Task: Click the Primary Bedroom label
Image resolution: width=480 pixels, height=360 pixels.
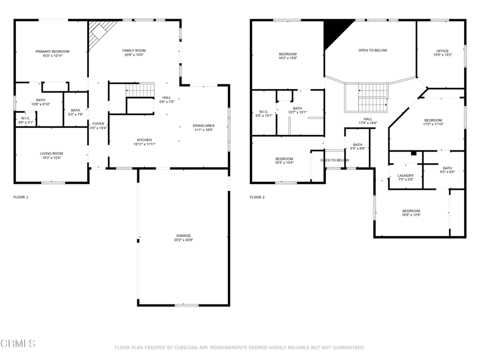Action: (x=52, y=51)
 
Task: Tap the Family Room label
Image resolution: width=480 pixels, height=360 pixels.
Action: (x=134, y=51)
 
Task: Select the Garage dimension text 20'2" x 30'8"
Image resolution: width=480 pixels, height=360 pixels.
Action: (x=183, y=240)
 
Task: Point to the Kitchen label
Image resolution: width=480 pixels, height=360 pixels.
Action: (x=144, y=140)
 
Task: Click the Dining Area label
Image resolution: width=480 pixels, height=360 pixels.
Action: (x=203, y=125)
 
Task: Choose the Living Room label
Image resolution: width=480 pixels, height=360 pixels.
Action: (x=51, y=154)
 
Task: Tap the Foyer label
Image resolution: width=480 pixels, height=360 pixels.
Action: (x=98, y=124)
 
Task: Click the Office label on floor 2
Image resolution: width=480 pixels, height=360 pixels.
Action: (x=443, y=51)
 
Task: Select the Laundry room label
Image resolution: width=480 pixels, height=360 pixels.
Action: (x=406, y=175)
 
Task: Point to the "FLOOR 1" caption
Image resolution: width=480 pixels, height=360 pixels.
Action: (x=21, y=197)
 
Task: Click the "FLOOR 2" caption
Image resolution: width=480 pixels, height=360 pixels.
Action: (x=257, y=197)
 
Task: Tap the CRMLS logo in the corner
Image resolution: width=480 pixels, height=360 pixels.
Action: (x=18, y=343)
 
